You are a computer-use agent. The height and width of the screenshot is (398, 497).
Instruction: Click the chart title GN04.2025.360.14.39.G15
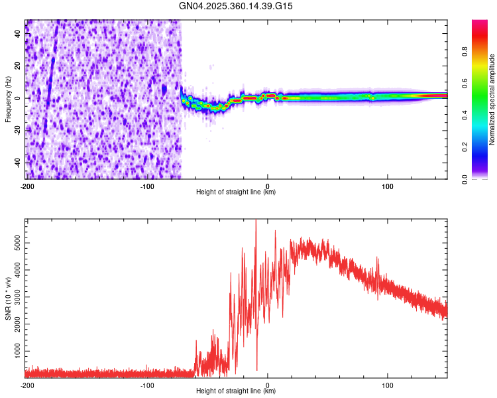(x=237, y=6)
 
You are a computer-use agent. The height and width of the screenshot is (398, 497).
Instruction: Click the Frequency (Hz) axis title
(x=8, y=99)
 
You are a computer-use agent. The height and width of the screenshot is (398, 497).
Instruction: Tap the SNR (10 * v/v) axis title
(x=8, y=298)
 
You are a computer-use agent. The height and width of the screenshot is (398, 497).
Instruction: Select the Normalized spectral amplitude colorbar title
(x=492, y=99)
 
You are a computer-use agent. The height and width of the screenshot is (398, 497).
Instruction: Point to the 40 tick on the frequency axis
(x=18, y=34)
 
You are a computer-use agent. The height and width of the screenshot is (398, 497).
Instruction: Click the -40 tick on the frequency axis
(x=17, y=163)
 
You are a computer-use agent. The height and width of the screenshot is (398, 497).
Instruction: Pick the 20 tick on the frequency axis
(x=18, y=66)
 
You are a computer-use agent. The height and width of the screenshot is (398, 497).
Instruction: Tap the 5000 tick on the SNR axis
(x=14, y=244)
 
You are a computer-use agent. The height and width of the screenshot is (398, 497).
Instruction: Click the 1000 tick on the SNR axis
(x=14, y=350)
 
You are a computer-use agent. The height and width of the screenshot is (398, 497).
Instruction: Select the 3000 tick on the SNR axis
(x=14, y=297)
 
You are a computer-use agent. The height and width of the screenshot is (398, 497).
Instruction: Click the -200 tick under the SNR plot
(x=27, y=385)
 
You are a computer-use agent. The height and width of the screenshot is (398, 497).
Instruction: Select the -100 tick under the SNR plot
(x=147, y=385)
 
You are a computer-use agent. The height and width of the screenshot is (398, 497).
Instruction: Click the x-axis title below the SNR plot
(x=236, y=392)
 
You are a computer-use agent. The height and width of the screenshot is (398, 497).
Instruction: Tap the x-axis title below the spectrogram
(x=236, y=193)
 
